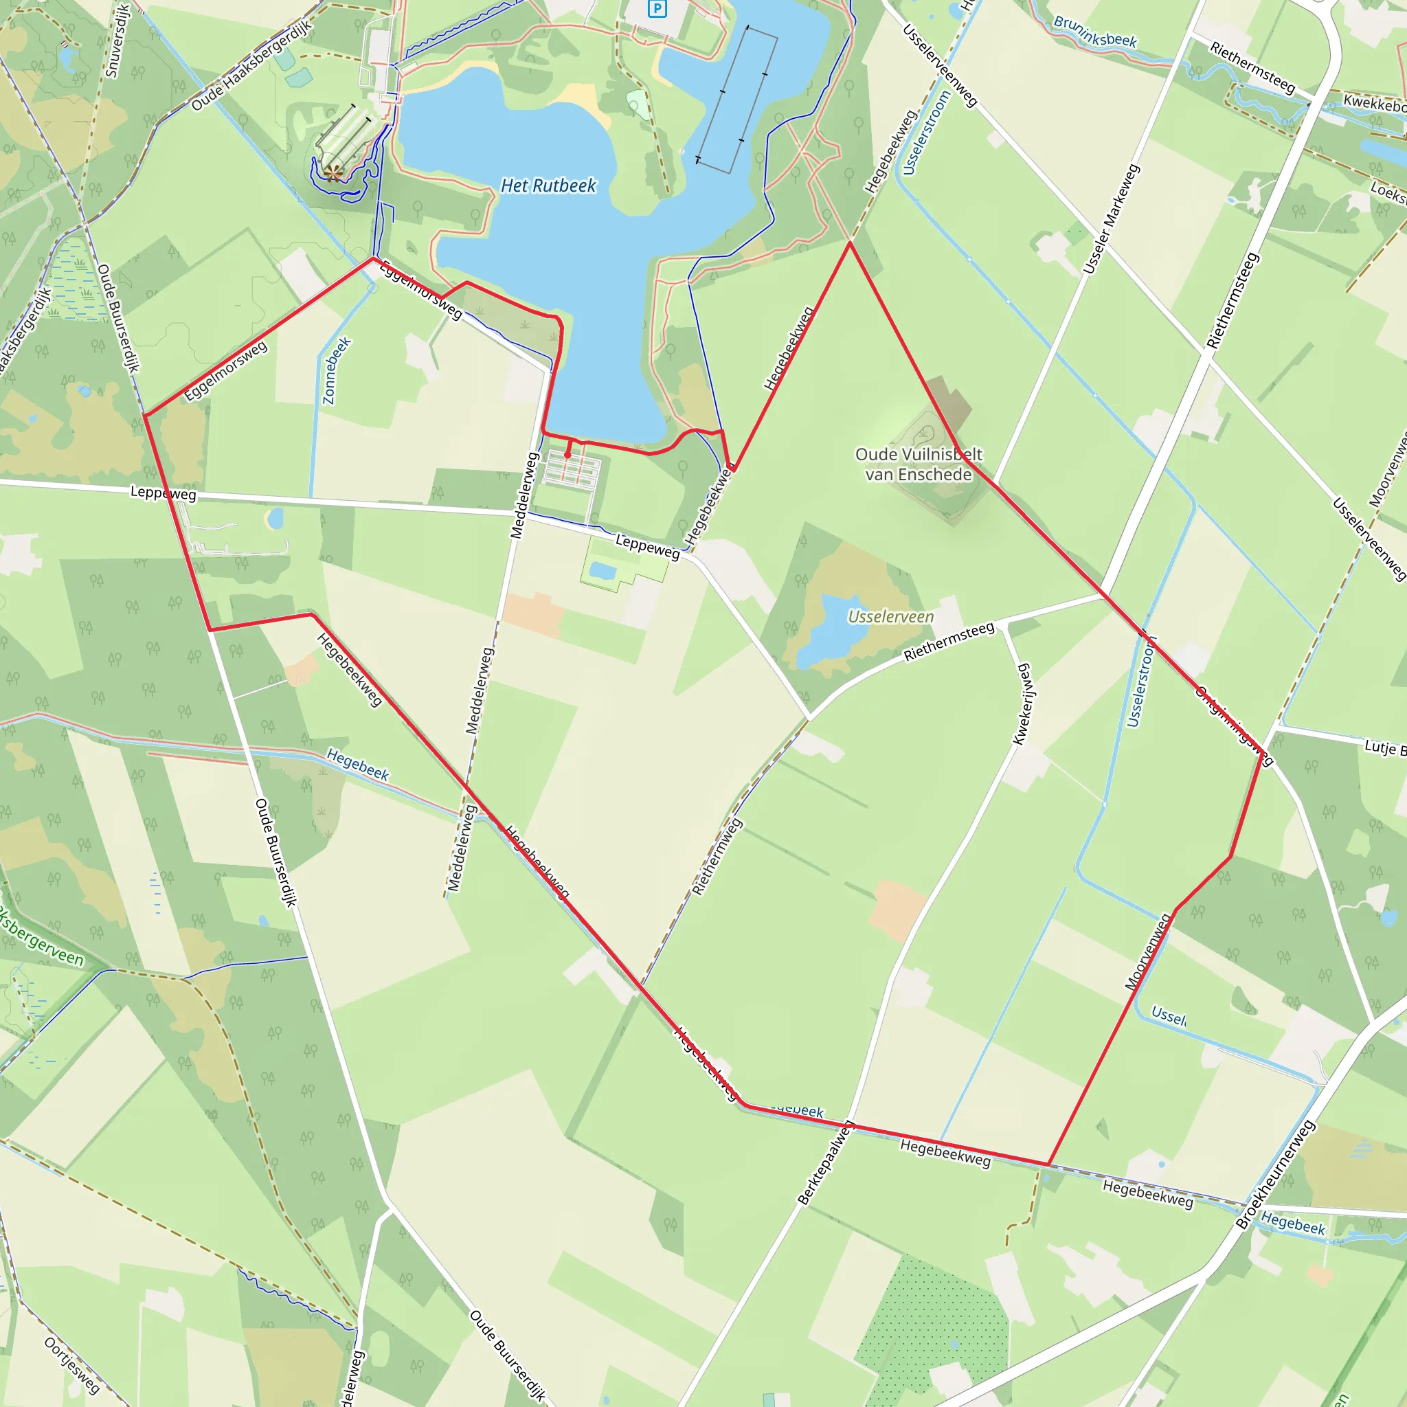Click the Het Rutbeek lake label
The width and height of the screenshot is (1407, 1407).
coord(548,185)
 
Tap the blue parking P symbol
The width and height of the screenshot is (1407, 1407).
coord(657,9)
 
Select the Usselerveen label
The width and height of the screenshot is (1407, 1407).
coord(890,617)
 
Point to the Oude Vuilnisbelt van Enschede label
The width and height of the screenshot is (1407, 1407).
coord(919,464)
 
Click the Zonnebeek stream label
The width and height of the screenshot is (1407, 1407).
coord(337,370)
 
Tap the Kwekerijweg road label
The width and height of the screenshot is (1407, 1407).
coord(1023,703)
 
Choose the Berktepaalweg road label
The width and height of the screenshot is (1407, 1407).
coord(825,1164)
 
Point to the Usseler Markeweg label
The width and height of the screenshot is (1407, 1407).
coord(1111,219)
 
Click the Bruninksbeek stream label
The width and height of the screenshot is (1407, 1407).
coord(1094,32)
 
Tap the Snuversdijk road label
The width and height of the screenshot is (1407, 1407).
coord(117,40)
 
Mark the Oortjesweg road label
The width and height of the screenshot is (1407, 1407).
coord(71,1365)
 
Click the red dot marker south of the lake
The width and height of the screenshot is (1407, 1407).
coord(567,455)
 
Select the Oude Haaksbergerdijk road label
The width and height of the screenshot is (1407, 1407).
coord(252,65)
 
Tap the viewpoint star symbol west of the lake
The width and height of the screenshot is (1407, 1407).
coord(333,172)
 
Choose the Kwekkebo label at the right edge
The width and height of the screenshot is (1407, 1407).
coord(1374,104)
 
